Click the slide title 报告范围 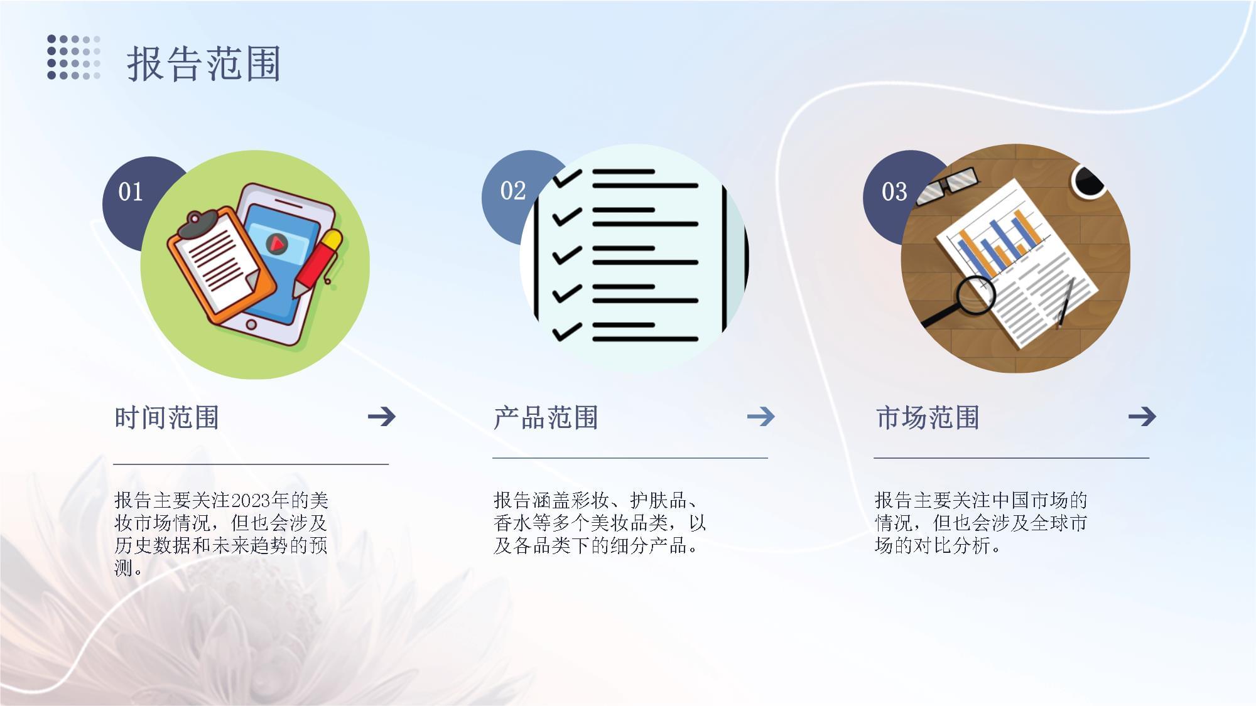coord(203,63)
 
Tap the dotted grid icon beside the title coord(74,57)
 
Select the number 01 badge coord(131,192)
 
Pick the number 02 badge coord(513,191)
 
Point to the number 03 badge coord(894,191)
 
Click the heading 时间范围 coord(166,417)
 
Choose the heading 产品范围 coord(546,417)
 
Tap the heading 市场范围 coord(928,417)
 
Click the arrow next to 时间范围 coord(382,416)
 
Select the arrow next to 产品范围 coord(761,416)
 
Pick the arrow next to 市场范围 coord(1142,416)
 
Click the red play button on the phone coord(277,243)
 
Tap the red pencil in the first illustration coord(317,262)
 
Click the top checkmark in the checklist coord(567,178)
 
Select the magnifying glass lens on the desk coord(976,295)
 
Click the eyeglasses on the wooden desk coord(947,186)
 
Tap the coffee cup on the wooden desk coord(1088,181)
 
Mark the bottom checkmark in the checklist coord(567,332)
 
